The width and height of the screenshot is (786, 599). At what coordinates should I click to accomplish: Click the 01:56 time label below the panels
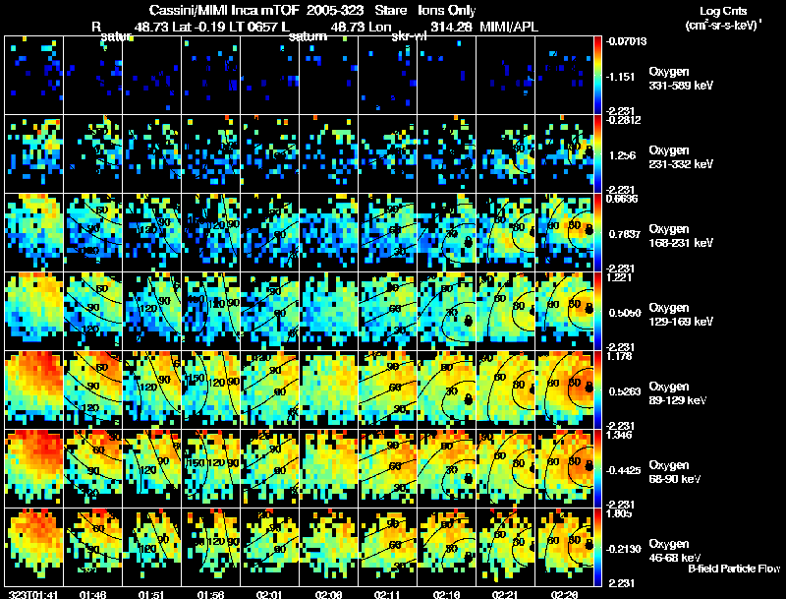pyautogui.click(x=211, y=594)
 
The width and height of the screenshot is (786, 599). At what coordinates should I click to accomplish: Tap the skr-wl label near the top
pyautogui.click(x=408, y=36)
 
